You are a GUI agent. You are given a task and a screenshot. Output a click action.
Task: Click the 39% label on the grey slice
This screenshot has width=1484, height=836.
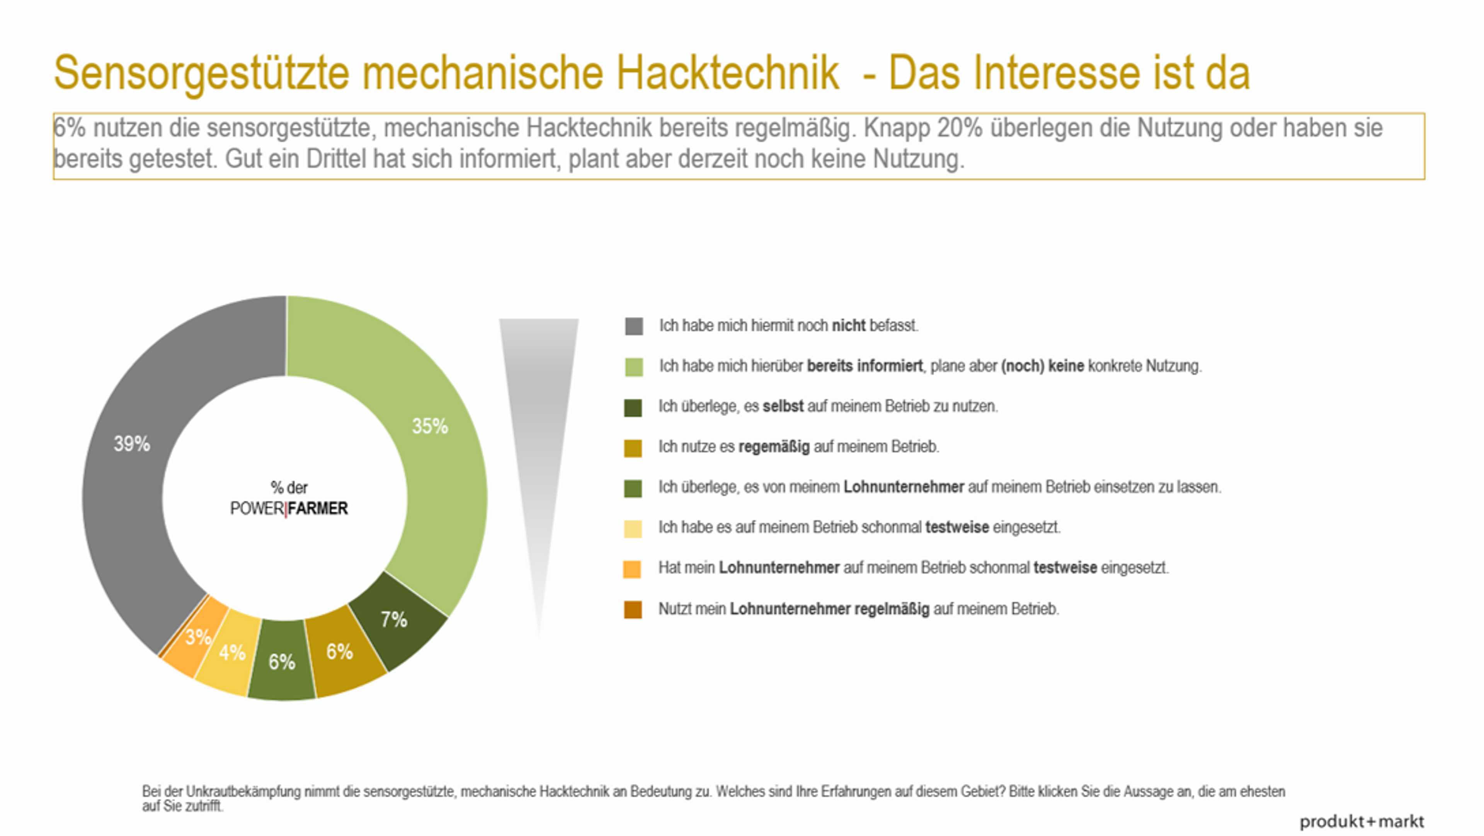click(x=131, y=444)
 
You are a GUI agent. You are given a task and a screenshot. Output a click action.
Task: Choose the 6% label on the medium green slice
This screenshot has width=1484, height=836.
click(x=282, y=661)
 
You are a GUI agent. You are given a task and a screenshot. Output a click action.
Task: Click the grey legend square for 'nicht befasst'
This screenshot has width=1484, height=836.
click(x=634, y=326)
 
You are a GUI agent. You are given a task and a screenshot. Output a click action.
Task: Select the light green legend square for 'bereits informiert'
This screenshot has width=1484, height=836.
click(x=634, y=367)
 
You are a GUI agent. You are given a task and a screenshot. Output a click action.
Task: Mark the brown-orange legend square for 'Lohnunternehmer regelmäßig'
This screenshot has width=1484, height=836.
click(x=633, y=609)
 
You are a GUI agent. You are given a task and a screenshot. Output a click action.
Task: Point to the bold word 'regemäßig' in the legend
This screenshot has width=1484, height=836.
click(x=774, y=447)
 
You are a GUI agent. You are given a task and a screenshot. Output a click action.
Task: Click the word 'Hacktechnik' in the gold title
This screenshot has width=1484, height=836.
click(x=727, y=73)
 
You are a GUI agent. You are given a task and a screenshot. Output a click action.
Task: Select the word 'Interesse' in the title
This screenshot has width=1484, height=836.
click(x=1056, y=73)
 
